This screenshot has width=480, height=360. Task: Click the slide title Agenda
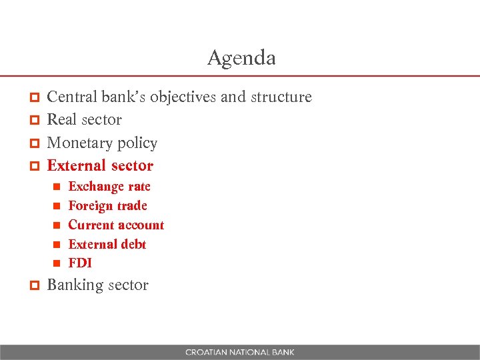[x=241, y=58]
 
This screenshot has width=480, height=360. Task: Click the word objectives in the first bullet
[x=183, y=97]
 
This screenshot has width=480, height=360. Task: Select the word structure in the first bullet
[x=281, y=97]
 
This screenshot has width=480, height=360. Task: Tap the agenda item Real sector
[x=84, y=120]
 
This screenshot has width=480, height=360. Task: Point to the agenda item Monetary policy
[x=102, y=143]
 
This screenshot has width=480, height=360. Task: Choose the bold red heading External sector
[x=100, y=165]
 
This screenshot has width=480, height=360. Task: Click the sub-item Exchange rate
[x=109, y=187]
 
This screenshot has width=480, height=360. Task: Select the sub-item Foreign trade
[x=107, y=206]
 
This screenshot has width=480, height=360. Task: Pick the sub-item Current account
[x=116, y=225]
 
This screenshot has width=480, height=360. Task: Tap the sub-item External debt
[x=107, y=245]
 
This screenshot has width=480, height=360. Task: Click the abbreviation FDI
[x=80, y=263]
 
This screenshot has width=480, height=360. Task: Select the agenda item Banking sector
[x=97, y=285]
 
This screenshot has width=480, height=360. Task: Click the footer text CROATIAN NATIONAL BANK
[x=240, y=352]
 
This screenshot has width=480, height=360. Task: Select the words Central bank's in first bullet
[x=96, y=97]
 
